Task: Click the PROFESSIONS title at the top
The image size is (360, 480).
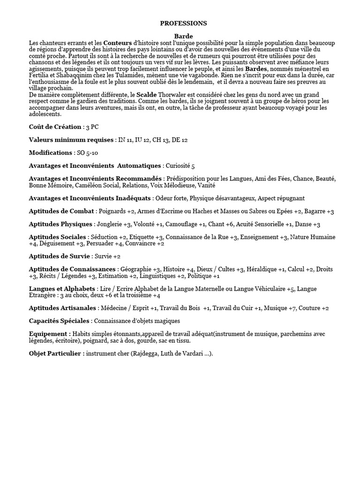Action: pos(183,23)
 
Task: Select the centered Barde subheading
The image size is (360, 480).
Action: pos(183,36)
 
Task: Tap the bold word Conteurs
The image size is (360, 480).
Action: pos(118,43)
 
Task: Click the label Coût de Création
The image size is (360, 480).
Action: pos(55,127)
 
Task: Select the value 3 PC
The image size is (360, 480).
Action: pos(95,127)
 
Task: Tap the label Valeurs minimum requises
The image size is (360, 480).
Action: pos(71,140)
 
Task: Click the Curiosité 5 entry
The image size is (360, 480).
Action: pos(180,166)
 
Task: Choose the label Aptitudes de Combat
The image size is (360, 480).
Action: pos(61,211)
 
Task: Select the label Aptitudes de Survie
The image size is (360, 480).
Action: pos(60,256)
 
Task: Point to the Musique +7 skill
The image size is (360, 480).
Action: pos(280,308)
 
